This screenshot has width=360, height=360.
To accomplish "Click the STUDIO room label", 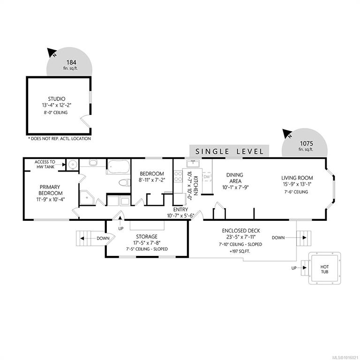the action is pos(56,99).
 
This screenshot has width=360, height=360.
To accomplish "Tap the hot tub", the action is pos(324,268).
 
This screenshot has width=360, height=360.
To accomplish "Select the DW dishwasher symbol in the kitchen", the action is pos(207,177).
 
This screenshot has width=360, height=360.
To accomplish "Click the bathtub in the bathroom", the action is pos(119,167).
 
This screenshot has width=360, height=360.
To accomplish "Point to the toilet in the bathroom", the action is pos(124,183).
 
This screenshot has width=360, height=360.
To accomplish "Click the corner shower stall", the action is pos(86,197).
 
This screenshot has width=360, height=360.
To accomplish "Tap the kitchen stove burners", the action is pos(178,176).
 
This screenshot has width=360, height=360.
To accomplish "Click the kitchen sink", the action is pos(193,164).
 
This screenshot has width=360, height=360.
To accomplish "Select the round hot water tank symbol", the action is pos(73,165).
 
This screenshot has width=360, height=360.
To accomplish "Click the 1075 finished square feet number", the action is pos(307,143).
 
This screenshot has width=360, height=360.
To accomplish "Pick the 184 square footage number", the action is pos(71,62).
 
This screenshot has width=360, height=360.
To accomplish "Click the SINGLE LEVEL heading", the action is pos(229,151).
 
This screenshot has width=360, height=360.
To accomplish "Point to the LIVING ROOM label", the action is pos(297,178).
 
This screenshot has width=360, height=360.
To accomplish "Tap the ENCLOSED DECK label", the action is pos(241,231).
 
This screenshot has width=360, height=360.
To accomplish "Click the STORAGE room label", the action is pos(147,237).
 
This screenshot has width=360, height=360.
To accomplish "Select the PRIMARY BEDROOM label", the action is pos(50,190).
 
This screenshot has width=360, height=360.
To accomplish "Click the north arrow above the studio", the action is pos(52,53).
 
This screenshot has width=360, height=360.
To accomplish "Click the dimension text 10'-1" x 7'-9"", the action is pos(235,187).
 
